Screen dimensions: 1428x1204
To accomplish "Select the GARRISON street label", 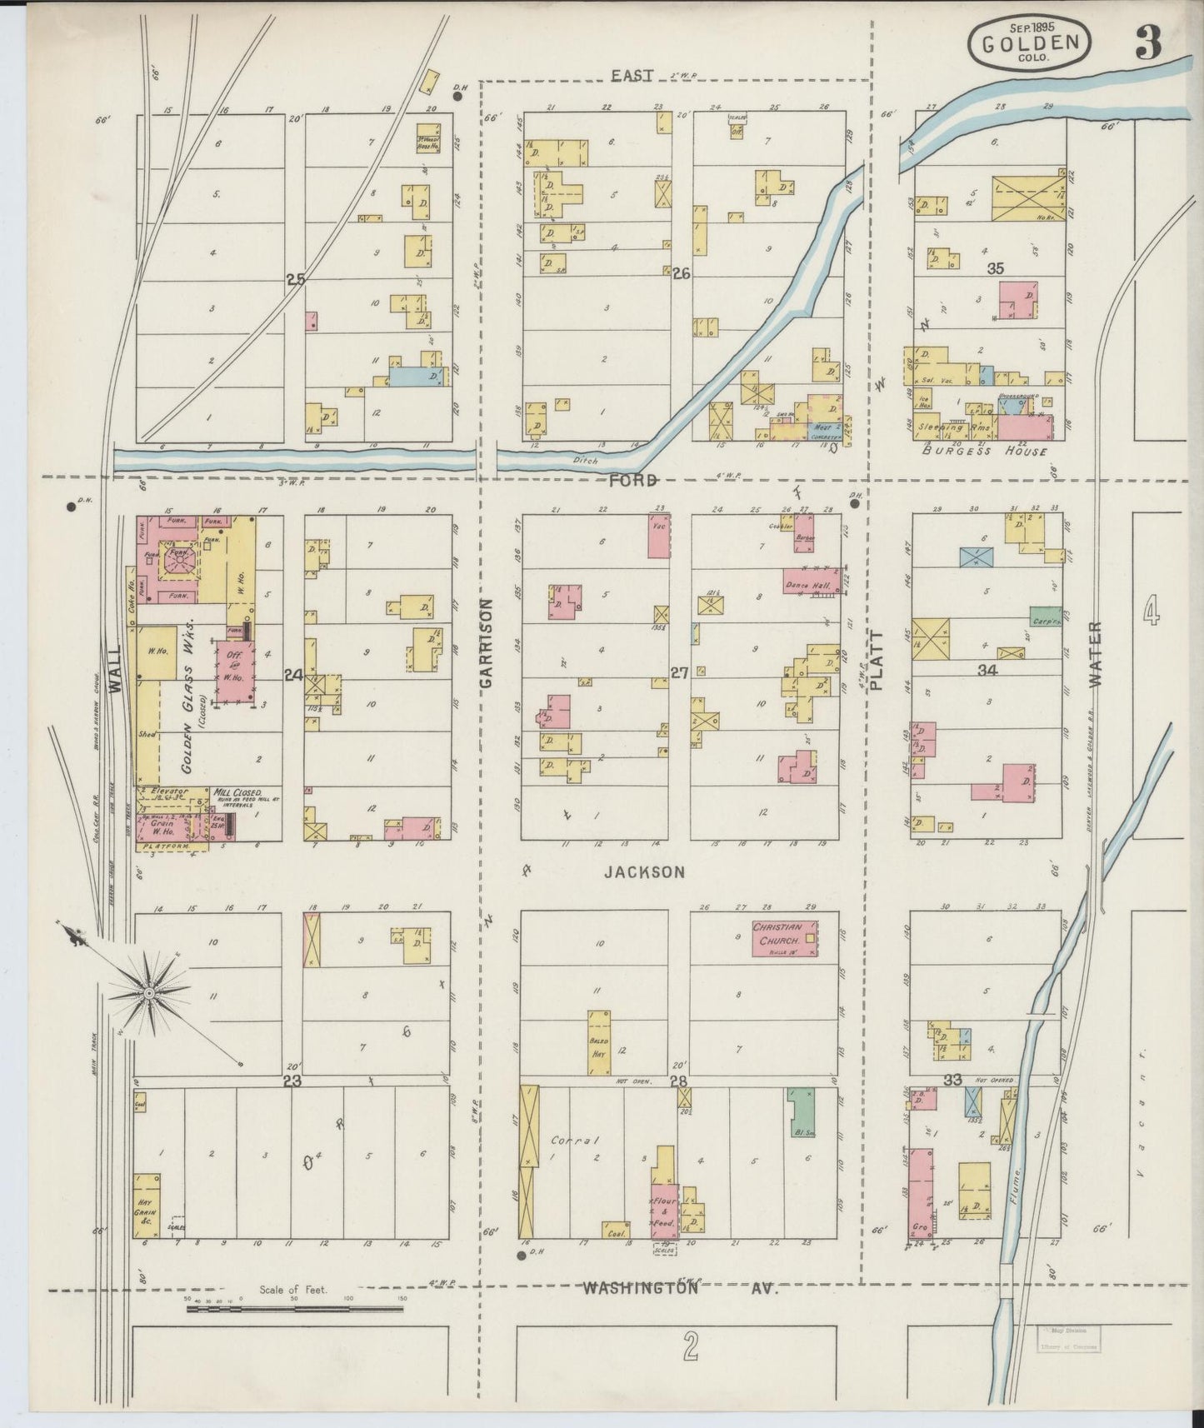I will (x=487, y=642).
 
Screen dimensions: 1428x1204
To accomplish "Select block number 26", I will (x=682, y=272).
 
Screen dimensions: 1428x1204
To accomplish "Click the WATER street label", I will (x=1094, y=654).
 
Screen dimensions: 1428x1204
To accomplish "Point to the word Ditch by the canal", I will (x=586, y=459).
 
